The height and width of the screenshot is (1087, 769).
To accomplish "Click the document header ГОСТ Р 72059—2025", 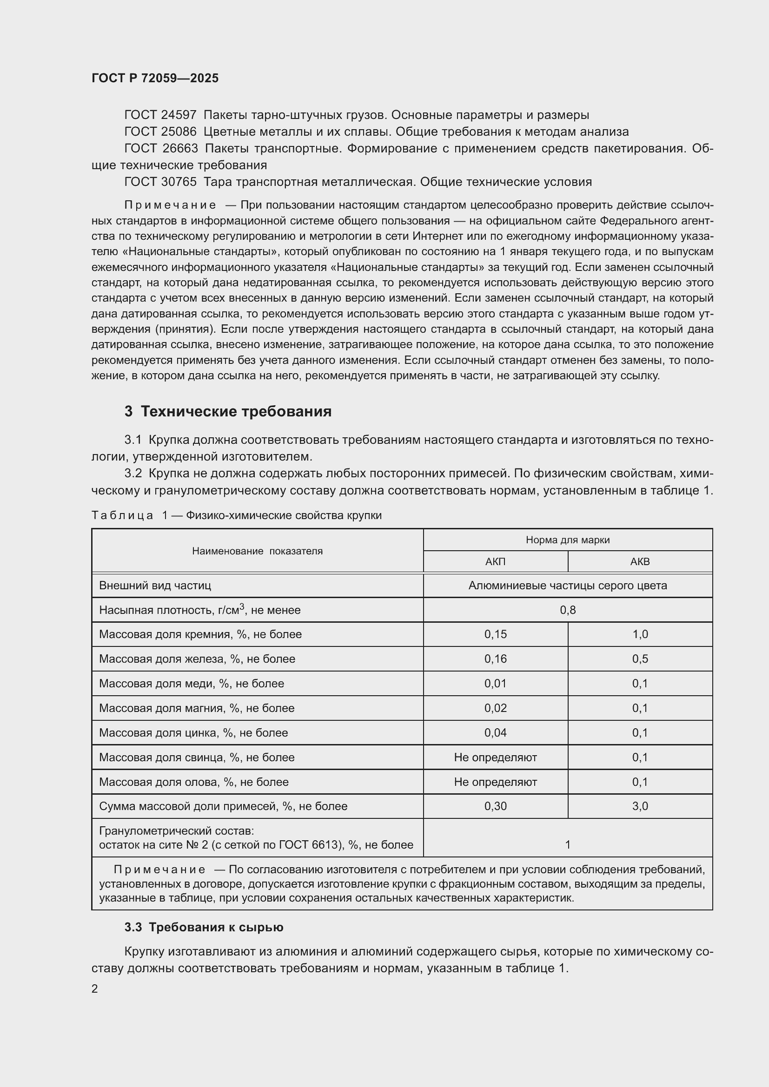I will [x=155, y=78].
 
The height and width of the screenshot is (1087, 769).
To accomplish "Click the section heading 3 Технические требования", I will [x=228, y=411].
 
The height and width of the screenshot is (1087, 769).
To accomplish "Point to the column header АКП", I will [x=495, y=561].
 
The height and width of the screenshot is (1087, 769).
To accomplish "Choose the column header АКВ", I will [x=640, y=561].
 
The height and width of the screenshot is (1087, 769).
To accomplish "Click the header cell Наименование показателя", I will [x=257, y=551].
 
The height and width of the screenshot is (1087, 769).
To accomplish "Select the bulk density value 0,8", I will [x=568, y=610].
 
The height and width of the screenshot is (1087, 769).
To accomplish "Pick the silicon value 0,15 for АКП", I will [x=495, y=634].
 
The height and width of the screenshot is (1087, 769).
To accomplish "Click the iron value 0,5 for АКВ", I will [x=640, y=659].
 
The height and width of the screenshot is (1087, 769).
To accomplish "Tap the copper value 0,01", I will [x=495, y=684].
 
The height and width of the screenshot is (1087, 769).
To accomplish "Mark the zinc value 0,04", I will [x=495, y=733].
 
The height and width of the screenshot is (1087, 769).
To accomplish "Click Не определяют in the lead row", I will [x=495, y=758].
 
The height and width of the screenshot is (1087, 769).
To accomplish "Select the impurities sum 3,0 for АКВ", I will [x=640, y=806].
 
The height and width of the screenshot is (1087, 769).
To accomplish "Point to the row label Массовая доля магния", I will [x=197, y=708].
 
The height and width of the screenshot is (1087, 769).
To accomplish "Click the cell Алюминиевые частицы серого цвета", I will [x=568, y=586].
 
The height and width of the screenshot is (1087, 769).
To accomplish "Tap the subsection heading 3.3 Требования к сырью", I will [x=204, y=928].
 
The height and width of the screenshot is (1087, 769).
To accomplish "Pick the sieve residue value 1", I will [x=568, y=844].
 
